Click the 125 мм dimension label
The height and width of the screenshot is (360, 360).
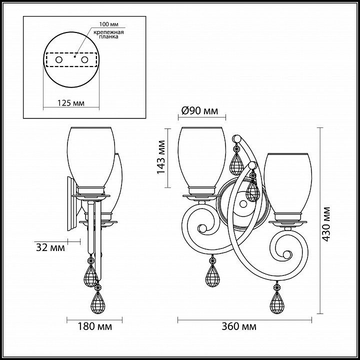point(71,103)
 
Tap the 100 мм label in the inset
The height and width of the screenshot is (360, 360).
point(108,24)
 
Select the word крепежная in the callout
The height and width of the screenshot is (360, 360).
point(108,32)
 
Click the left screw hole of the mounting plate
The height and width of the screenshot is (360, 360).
point(59,60)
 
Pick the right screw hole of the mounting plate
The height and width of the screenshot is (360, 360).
point(84,60)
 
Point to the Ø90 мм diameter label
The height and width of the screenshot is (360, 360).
point(199,111)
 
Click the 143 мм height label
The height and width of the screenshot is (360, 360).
point(161,157)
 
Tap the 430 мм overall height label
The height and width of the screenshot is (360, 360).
point(325,224)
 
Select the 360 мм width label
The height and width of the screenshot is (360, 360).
point(239,326)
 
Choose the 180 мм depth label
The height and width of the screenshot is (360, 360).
point(95,326)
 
